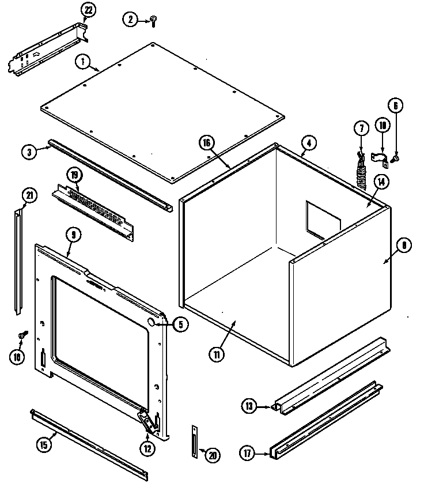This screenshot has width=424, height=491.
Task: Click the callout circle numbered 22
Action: point(88,10)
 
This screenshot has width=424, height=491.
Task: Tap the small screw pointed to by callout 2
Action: point(153,21)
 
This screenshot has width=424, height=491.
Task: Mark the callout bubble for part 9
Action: point(73,235)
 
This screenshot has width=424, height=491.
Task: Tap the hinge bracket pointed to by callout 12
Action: point(150,421)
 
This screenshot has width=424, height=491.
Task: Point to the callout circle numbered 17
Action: point(247,454)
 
